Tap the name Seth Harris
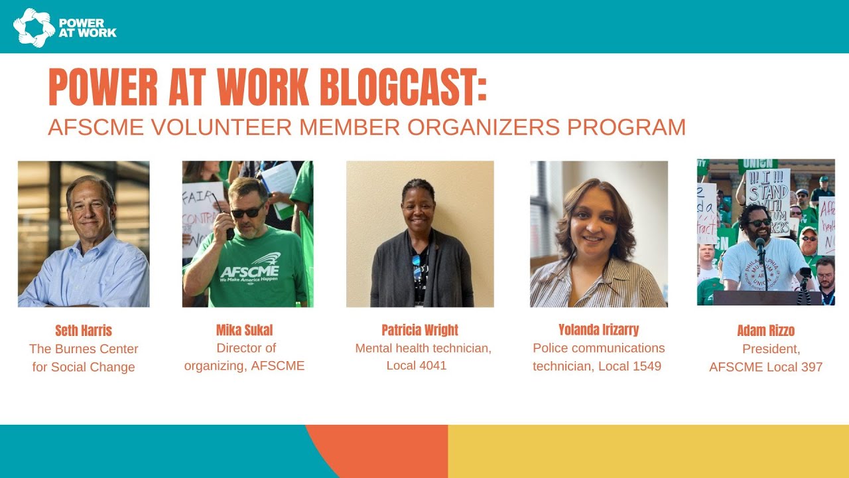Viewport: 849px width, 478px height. point(84,331)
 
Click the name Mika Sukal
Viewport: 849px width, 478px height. point(244,331)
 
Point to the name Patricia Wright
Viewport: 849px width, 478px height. point(420,331)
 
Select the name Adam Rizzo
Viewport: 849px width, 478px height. point(765,331)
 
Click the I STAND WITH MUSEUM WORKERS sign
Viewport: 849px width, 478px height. point(767,200)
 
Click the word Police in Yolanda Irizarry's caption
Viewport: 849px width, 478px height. point(550,348)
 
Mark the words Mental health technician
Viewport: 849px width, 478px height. point(423,348)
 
